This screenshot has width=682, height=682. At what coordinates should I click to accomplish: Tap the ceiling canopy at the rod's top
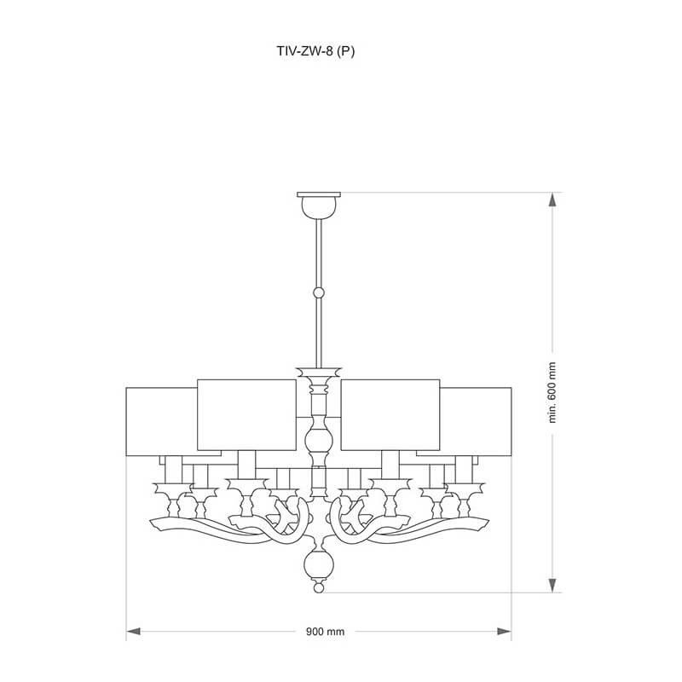319,205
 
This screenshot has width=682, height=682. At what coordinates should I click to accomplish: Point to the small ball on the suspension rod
319,292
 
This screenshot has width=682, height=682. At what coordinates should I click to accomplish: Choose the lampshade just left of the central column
246,414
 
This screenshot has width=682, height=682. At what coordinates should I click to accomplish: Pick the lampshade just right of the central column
390,414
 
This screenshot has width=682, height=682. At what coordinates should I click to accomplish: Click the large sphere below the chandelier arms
319,564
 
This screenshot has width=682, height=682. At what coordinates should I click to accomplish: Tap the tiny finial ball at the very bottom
319,587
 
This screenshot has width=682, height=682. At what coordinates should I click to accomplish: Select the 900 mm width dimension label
325,633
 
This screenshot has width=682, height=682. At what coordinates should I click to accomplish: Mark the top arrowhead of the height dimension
552,199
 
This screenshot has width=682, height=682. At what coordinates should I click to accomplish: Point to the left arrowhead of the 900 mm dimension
133,633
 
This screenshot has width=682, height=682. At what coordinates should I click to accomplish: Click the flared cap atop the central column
319,373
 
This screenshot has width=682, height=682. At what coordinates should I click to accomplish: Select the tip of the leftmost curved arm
153,521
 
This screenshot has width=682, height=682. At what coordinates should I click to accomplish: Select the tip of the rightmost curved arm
484,521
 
